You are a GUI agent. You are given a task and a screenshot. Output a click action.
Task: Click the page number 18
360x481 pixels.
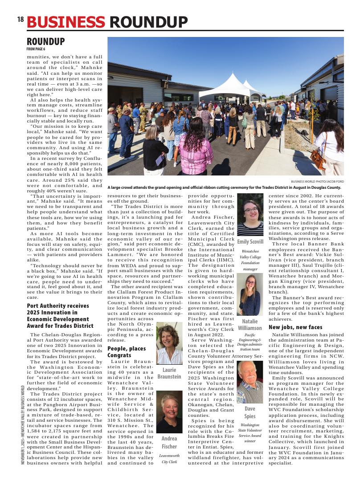20,20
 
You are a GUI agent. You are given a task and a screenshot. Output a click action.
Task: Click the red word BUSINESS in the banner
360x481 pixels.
66,22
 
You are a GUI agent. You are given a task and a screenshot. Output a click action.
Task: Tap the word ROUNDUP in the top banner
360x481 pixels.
148,22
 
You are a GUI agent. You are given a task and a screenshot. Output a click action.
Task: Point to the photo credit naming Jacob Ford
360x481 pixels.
317,182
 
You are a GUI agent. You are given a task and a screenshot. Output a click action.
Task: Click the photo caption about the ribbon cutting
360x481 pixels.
224,188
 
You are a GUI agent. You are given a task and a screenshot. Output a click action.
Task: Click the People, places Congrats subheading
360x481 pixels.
127,352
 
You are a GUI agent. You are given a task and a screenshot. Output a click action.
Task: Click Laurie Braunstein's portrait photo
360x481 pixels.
169,343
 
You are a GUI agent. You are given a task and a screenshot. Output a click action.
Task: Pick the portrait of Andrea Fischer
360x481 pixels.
169,412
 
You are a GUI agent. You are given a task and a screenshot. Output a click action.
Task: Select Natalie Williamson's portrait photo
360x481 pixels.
250,294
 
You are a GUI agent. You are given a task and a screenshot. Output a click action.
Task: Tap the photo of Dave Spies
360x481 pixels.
250,382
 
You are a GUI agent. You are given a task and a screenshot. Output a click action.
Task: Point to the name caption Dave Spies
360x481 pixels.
250,412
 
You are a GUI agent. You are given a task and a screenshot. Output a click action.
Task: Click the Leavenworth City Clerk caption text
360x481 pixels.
169,459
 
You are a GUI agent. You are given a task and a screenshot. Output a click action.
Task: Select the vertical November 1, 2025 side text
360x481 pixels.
22,425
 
